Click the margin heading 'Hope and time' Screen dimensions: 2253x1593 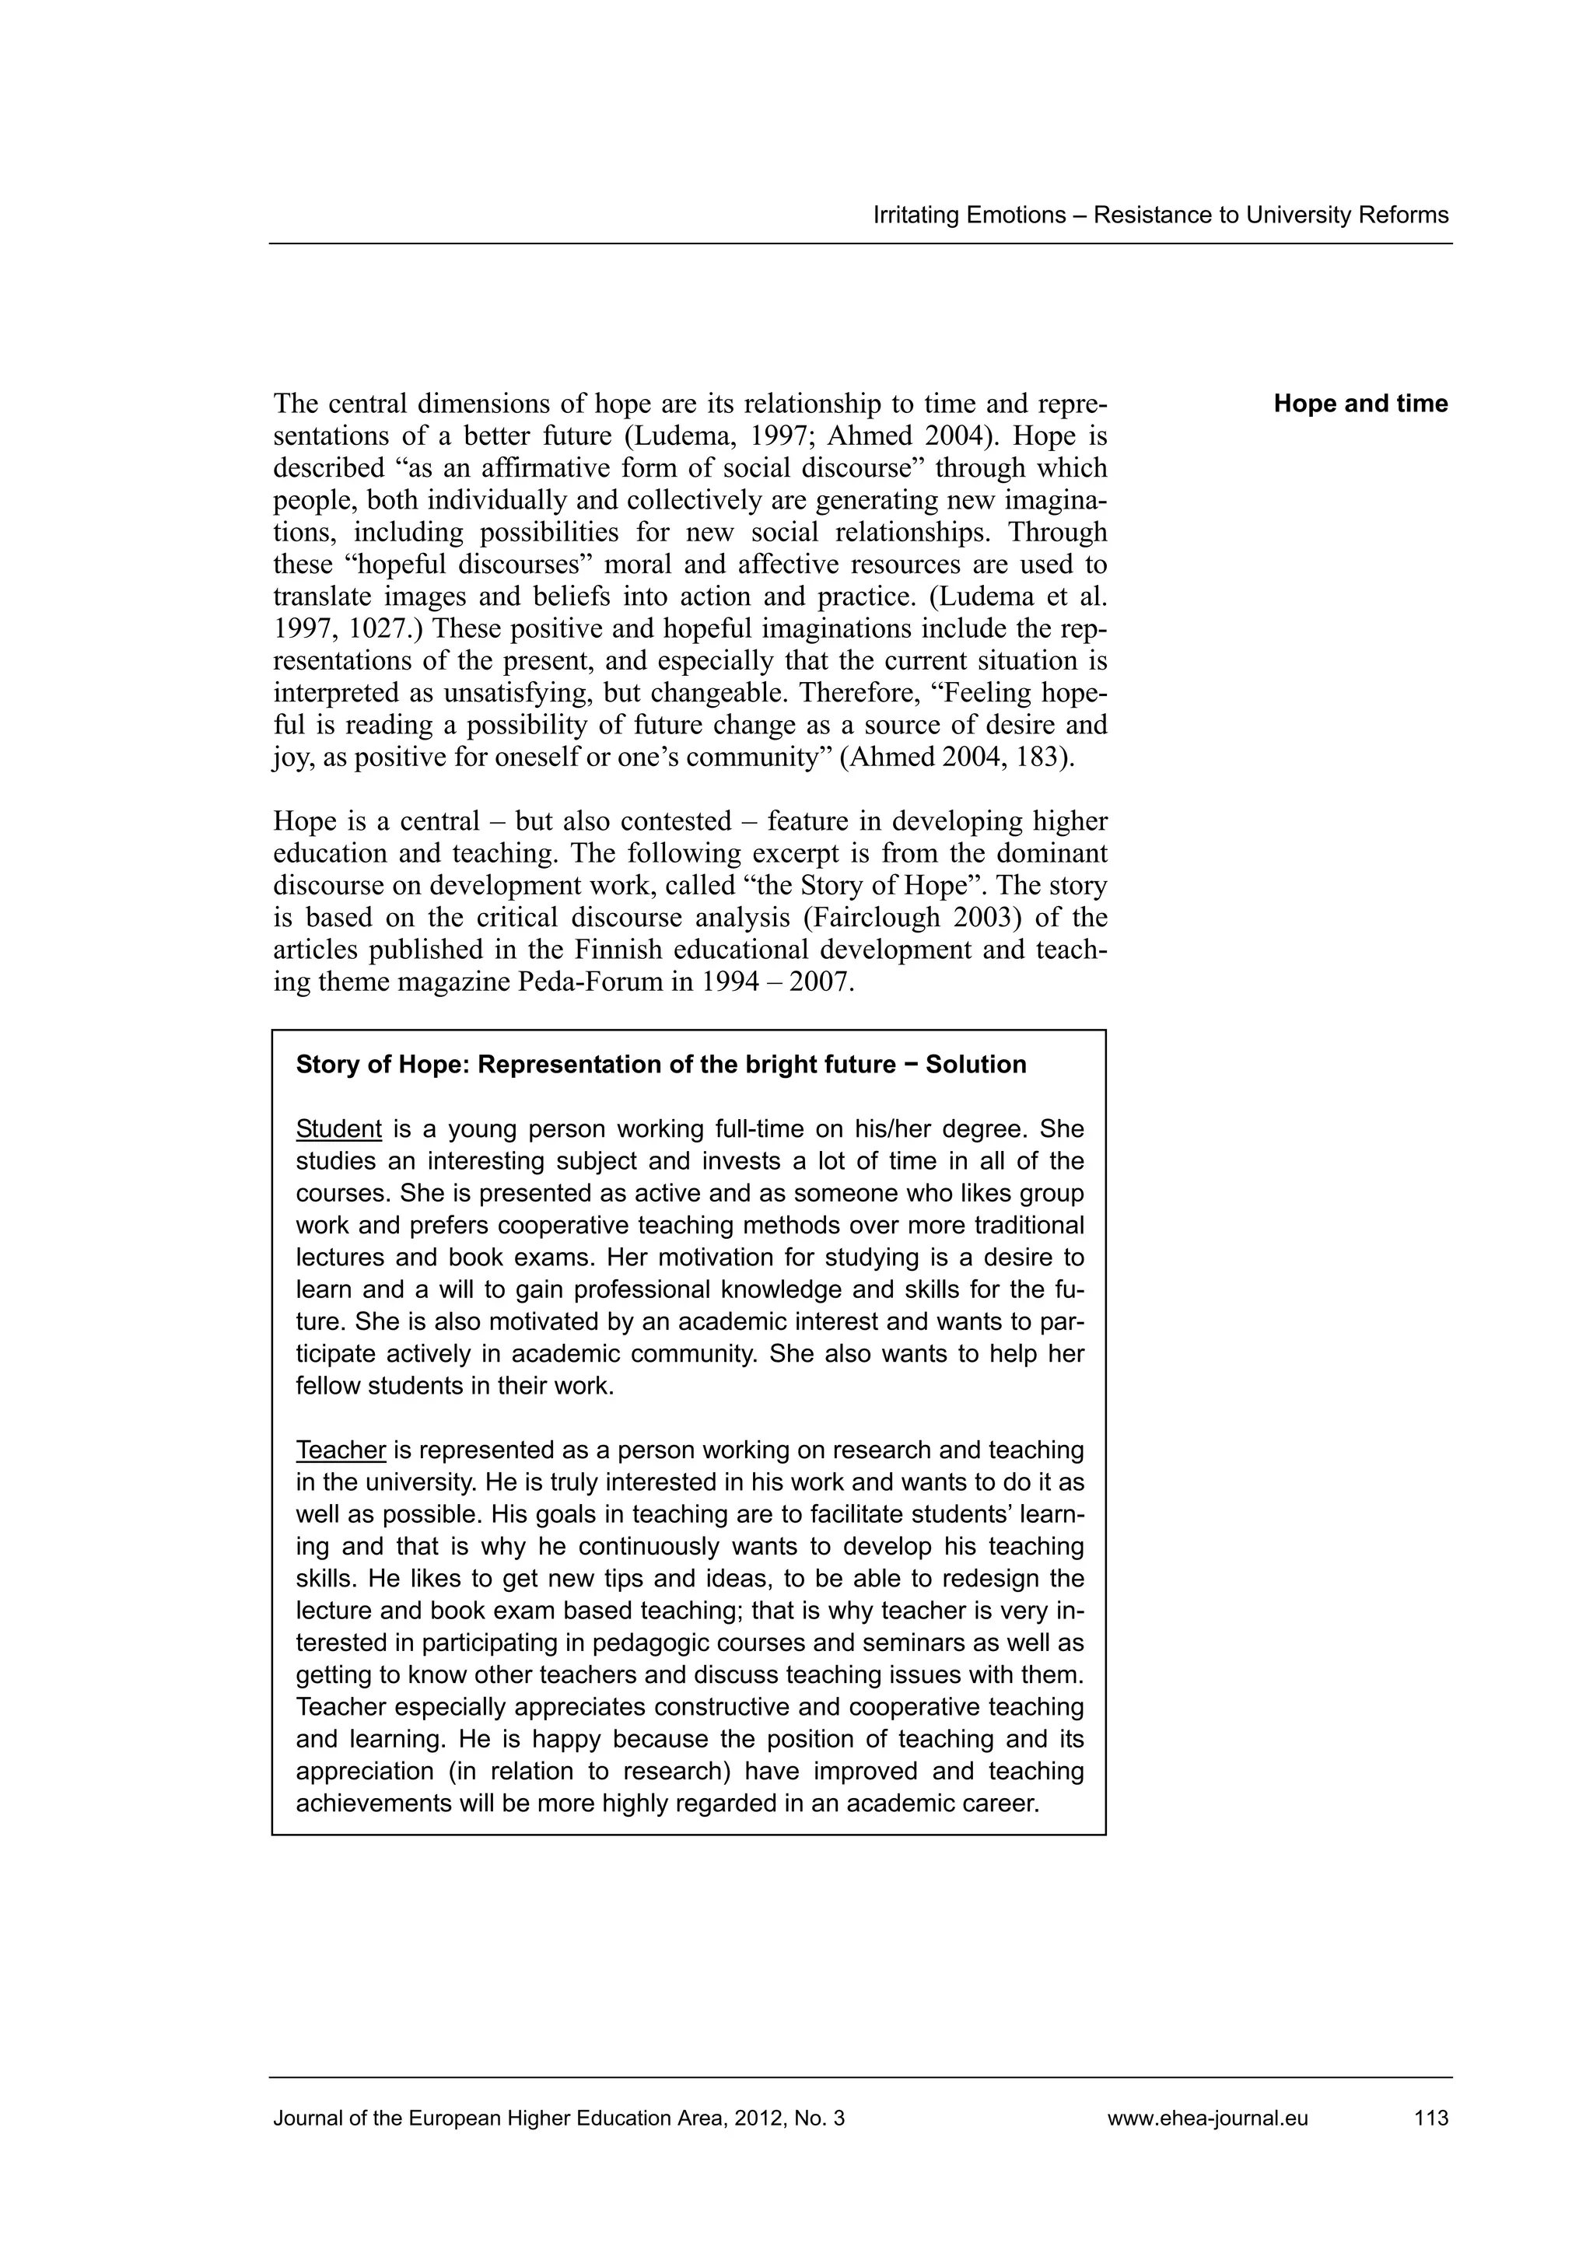click(x=1360, y=404)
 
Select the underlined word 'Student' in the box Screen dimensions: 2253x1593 click(x=338, y=1128)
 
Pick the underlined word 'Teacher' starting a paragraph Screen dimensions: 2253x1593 click(x=341, y=1450)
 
